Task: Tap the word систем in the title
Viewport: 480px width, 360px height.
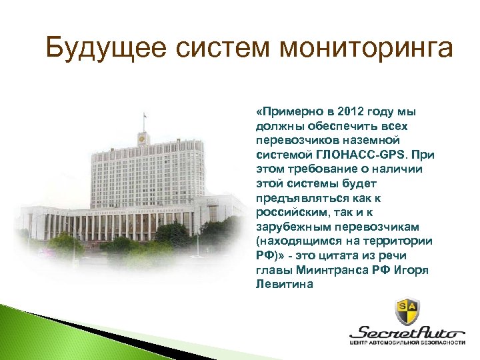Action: [x=201, y=48]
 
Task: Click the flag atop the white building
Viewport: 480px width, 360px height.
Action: [x=144, y=119]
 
